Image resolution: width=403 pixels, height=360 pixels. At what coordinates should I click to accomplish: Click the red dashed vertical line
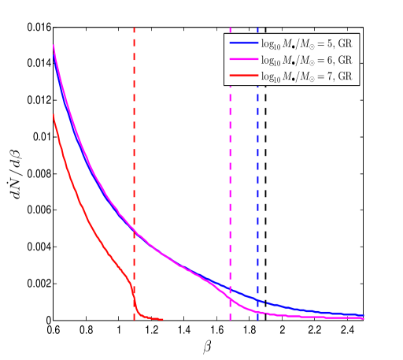[134, 158]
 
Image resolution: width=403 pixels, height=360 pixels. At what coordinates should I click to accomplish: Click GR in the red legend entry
[345, 76]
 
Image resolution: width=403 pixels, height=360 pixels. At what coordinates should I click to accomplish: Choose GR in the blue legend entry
[345, 43]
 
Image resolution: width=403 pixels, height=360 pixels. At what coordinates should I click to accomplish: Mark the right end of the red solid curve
[162, 319]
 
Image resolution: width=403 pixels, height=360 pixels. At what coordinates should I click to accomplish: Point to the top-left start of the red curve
[54, 115]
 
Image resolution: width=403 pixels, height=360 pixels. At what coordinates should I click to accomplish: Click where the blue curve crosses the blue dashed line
[257, 299]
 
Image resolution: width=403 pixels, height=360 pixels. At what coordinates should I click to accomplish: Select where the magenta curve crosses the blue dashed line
[257, 312]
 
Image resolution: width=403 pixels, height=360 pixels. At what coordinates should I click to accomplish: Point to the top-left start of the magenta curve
[54, 46]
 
